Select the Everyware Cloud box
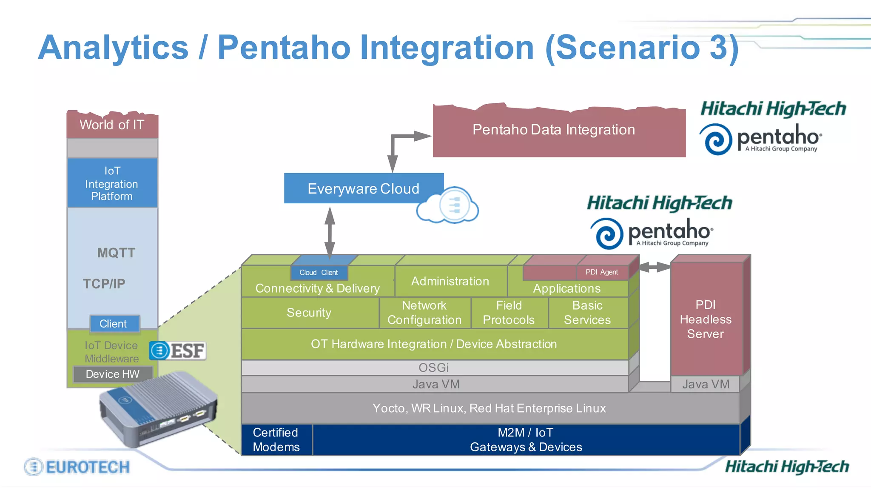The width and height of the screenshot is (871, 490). tap(363, 188)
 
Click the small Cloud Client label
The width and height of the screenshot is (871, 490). tap(319, 273)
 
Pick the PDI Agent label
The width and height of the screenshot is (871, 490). tap(601, 272)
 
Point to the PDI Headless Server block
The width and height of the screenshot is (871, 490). tap(706, 319)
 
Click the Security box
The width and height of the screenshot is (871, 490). tap(309, 313)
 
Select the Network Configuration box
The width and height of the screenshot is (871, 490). tap(424, 313)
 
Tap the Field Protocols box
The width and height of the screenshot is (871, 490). tap(509, 313)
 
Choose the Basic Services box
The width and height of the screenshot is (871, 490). tap(587, 313)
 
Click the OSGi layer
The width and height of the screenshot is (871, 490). tap(434, 368)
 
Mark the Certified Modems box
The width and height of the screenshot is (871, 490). tap(276, 440)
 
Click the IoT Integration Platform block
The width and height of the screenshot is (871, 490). tap(112, 183)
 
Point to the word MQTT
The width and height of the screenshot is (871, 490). tap(116, 253)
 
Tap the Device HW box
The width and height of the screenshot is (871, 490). tap(113, 374)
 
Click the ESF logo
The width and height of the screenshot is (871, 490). tap(178, 351)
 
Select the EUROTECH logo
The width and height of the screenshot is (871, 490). tap(77, 467)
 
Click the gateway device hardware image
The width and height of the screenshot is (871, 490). tap(157, 408)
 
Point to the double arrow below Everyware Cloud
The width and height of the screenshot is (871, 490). tap(330, 232)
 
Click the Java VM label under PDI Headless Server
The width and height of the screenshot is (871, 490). tap(706, 385)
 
